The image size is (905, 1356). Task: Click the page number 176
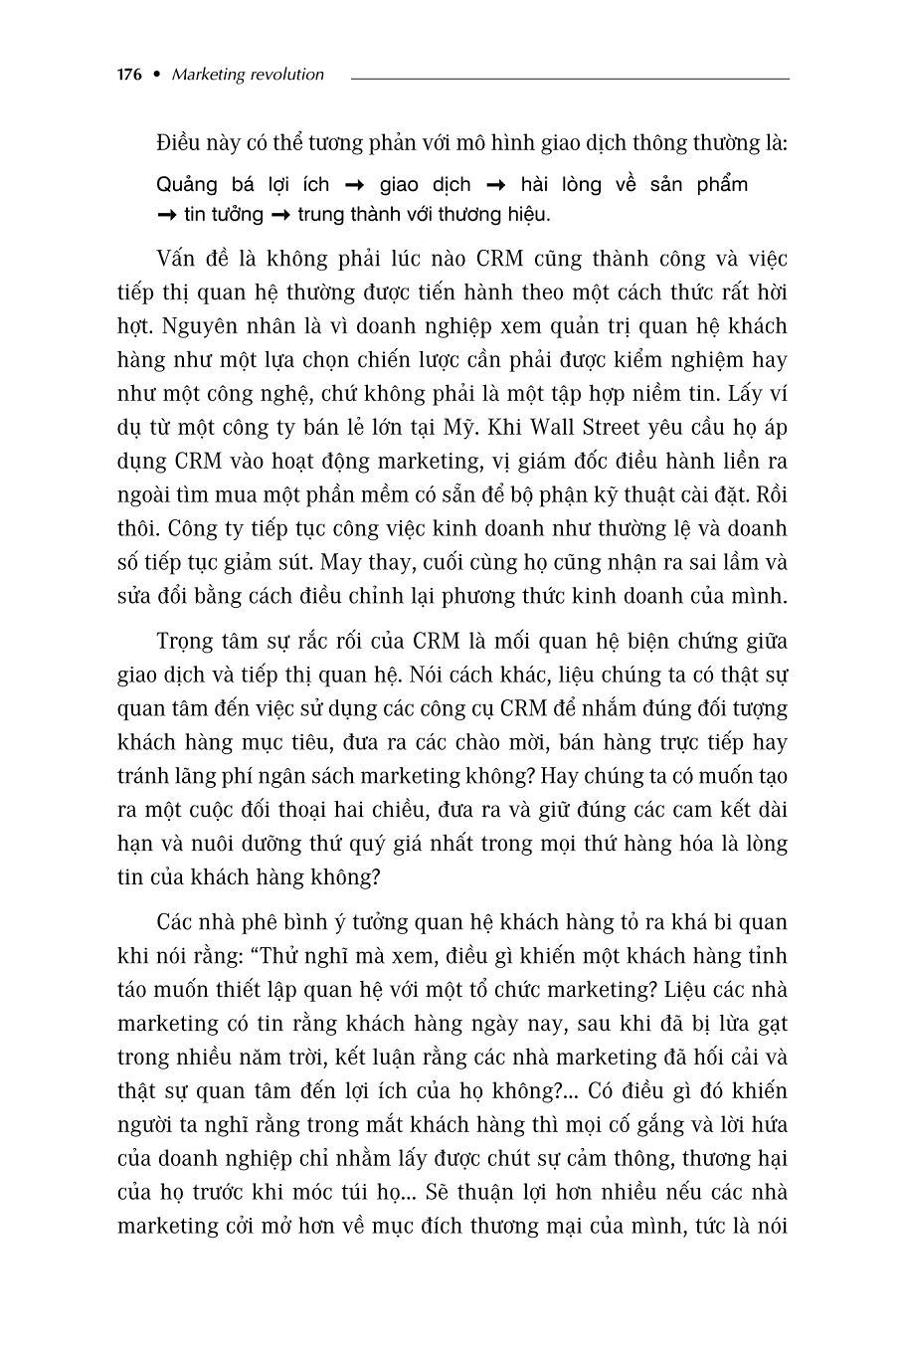click(129, 75)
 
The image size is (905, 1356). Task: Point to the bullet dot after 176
click(155, 75)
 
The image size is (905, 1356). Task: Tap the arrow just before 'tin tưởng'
click(166, 215)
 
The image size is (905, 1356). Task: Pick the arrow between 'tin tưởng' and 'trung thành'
click(280, 215)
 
